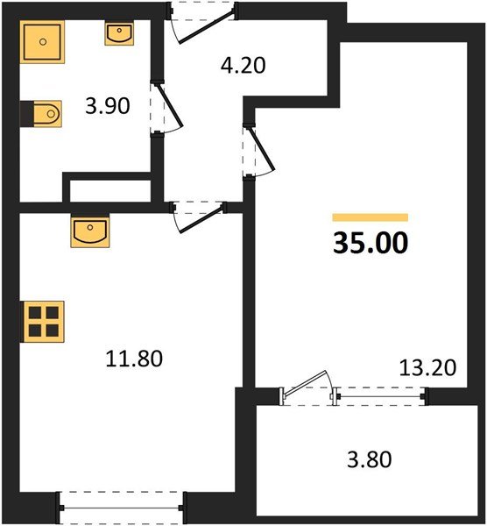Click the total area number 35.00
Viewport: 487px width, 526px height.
pos(370,243)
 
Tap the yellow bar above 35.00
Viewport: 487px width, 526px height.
pos(370,217)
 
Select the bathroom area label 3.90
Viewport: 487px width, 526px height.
pos(108,107)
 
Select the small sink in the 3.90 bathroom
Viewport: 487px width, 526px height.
pos(119,34)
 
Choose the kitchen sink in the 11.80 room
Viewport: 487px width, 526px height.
pos(90,231)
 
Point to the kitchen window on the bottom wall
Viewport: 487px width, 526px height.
pos(121,508)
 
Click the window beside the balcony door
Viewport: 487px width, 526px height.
pos(381,396)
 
